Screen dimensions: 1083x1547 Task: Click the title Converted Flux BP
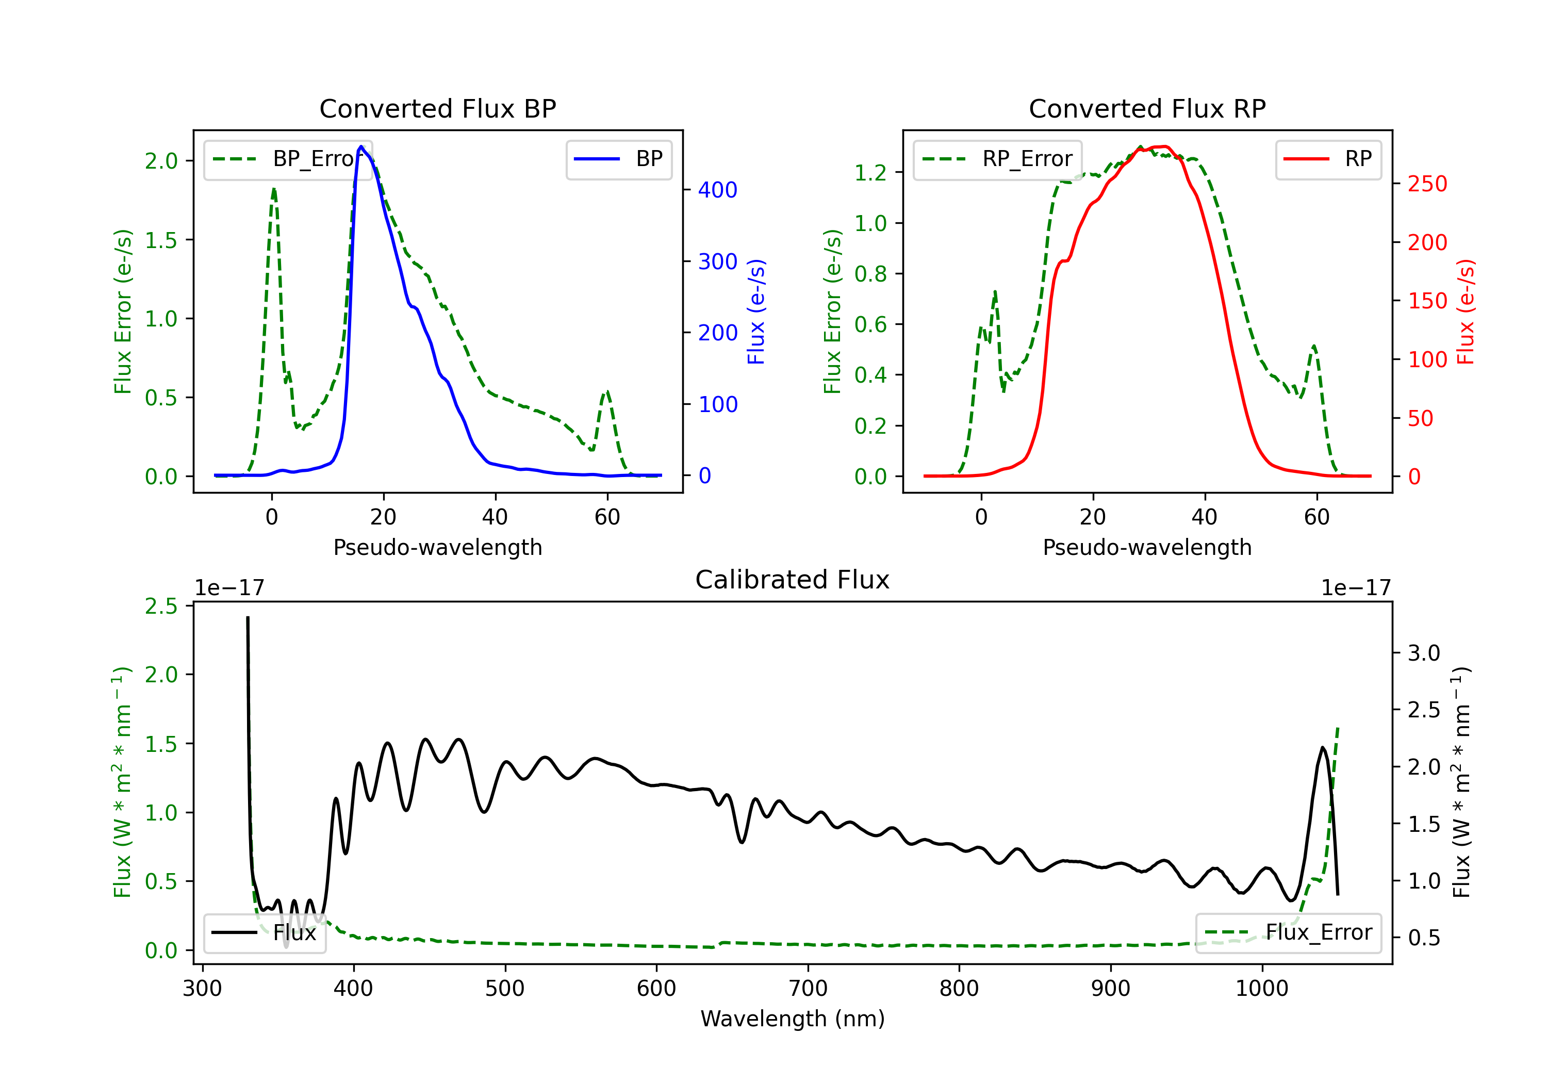pyautogui.click(x=437, y=108)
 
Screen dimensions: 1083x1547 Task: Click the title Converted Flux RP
pyautogui.click(x=1147, y=108)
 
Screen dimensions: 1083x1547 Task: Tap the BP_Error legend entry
pyautogui.click(x=288, y=159)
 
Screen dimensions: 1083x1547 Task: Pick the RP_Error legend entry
pyautogui.click(x=998, y=159)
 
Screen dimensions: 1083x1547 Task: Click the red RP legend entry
pyautogui.click(x=1328, y=159)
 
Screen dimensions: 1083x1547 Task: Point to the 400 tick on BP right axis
pyautogui.click(x=718, y=190)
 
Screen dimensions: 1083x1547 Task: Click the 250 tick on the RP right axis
pyautogui.click(x=1427, y=184)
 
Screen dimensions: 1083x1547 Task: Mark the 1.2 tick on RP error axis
pyautogui.click(x=870, y=173)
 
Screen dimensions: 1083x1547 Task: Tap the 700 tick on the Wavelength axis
pyautogui.click(x=808, y=989)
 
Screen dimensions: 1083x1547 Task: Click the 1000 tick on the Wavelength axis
pyautogui.click(x=1261, y=989)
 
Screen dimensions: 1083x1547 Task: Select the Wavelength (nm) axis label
pyautogui.click(x=793, y=1019)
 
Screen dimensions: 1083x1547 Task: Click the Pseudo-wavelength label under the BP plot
pyautogui.click(x=437, y=547)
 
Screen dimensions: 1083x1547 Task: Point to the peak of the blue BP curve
pyautogui.click(x=361, y=146)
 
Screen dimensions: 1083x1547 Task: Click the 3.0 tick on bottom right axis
pyautogui.click(x=1424, y=653)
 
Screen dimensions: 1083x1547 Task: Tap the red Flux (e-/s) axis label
pyautogui.click(x=1466, y=312)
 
